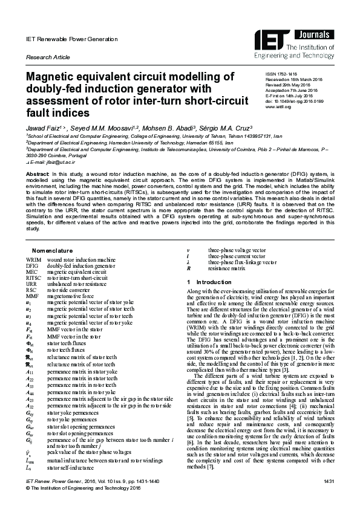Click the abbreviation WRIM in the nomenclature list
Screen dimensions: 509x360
click(x=34, y=260)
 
